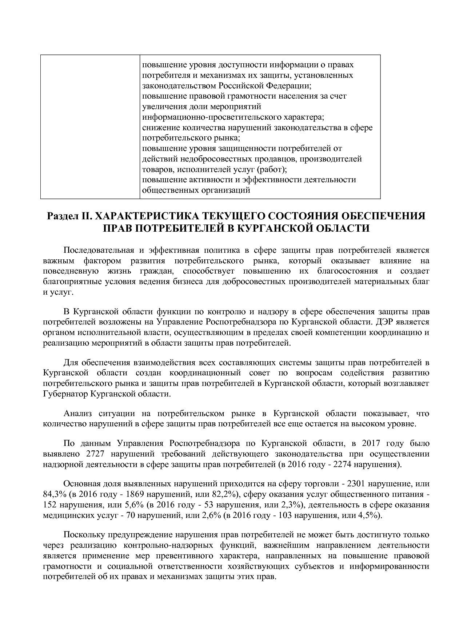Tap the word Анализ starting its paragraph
78,414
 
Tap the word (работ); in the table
272,170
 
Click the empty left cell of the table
90,127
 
